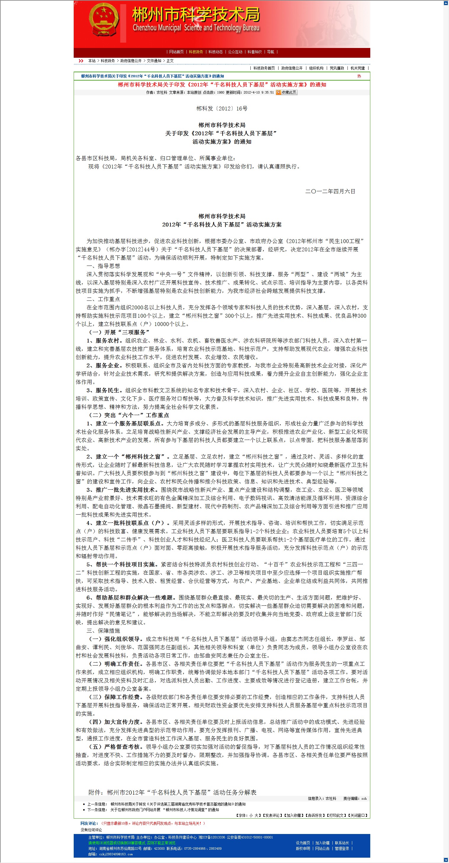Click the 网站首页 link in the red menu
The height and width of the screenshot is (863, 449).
click(176, 52)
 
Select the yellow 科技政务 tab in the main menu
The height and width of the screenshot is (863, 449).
click(196, 52)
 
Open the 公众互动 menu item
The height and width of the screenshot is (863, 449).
click(235, 52)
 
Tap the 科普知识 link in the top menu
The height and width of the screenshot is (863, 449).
click(255, 52)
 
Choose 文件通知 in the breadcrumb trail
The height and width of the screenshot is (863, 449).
click(154, 61)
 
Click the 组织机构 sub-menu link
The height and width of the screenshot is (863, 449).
click(316, 68)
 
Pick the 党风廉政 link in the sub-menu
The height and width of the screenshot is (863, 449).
click(337, 68)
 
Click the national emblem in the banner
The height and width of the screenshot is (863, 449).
click(104, 20)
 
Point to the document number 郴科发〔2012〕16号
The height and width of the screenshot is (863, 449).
click(222, 109)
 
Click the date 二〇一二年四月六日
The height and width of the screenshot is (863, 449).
click(330, 191)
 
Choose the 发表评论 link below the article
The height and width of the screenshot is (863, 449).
click(273, 815)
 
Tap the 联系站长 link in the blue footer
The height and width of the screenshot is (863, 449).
click(342, 843)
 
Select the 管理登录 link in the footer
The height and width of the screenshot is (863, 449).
click(342, 848)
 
